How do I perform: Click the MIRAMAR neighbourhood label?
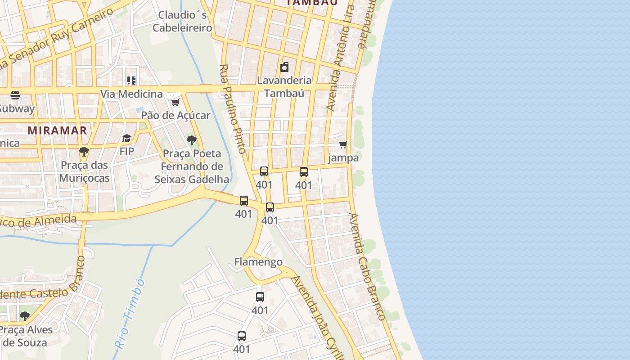point(57,130)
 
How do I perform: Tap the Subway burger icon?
point(15,95)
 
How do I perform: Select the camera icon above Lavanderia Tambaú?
point(284,67)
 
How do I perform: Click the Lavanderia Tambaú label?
point(284,87)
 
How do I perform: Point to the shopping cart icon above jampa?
point(343,145)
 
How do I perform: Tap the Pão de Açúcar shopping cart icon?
point(175,102)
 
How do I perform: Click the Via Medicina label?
point(131,94)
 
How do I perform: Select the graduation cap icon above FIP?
point(126,138)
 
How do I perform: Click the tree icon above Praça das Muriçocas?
point(84,152)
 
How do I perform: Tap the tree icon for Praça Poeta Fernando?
point(192,140)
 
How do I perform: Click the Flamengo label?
point(258,262)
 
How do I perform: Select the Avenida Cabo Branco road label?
point(367,266)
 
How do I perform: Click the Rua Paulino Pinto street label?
point(233,109)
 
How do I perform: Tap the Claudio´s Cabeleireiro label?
point(182,22)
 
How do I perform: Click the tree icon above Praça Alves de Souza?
point(25,316)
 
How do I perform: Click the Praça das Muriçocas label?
point(84,171)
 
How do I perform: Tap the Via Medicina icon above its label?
point(131,81)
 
